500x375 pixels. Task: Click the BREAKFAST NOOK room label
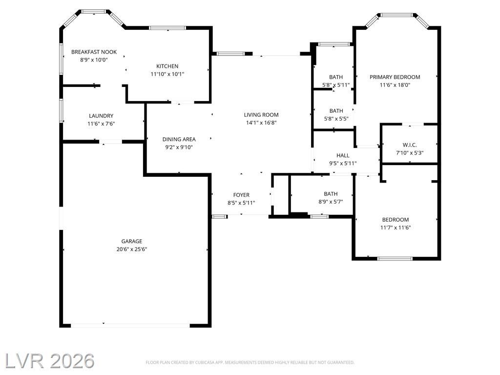pos(94,52)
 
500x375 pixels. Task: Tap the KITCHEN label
pos(167,66)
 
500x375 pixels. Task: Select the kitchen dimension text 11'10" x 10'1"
pos(167,74)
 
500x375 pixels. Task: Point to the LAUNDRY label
pos(101,116)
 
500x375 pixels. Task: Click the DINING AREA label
pos(179,139)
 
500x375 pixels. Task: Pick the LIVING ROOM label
pos(261,115)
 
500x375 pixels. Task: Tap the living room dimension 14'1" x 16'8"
pos(261,123)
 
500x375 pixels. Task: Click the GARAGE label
pos(132,241)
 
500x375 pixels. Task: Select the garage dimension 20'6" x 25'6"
pos(132,250)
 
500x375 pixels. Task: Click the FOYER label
pos(241,195)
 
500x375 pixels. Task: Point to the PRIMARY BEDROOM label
pos(395,77)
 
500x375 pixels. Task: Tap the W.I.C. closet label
pos(410,145)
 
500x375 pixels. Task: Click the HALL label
pos(343,156)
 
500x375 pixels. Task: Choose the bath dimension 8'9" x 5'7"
pos(331,202)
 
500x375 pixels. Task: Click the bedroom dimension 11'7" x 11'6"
pos(396,228)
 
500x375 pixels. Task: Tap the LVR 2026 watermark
pos(49,361)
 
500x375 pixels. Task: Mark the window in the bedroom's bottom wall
pos(395,259)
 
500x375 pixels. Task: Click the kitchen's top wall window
pos(167,28)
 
